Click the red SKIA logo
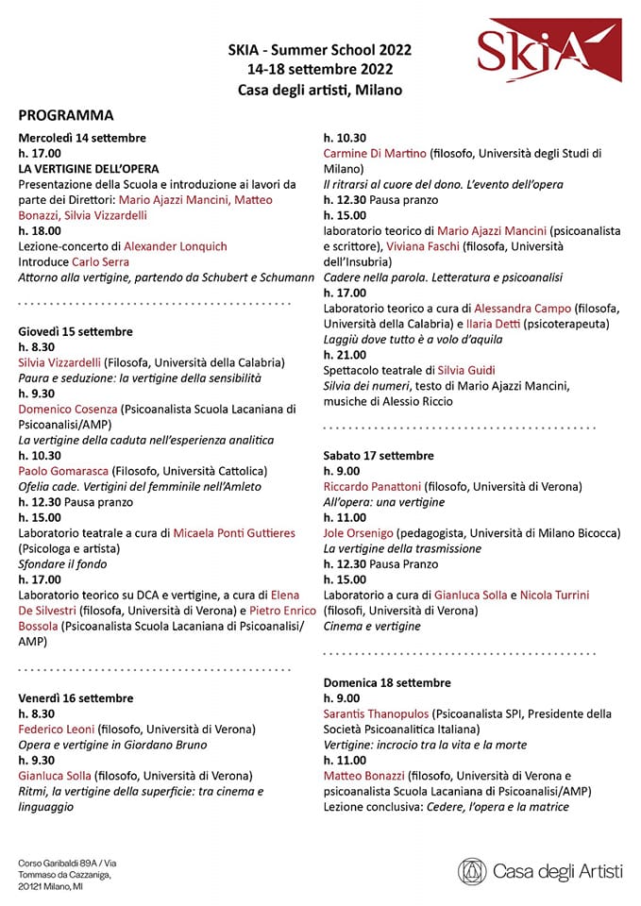(x=548, y=51)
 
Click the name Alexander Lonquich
(x=176, y=246)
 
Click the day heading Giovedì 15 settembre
(x=76, y=331)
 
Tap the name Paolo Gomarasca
(x=63, y=471)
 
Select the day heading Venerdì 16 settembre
(x=76, y=697)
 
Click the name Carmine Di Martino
(x=376, y=153)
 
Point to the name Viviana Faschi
(x=423, y=245)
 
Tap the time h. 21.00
(x=345, y=354)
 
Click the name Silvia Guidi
(x=465, y=370)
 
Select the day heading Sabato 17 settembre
(x=379, y=455)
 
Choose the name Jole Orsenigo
(x=359, y=532)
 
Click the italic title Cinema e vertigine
(x=372, y=625)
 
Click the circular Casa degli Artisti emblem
(x=473, y=871)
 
